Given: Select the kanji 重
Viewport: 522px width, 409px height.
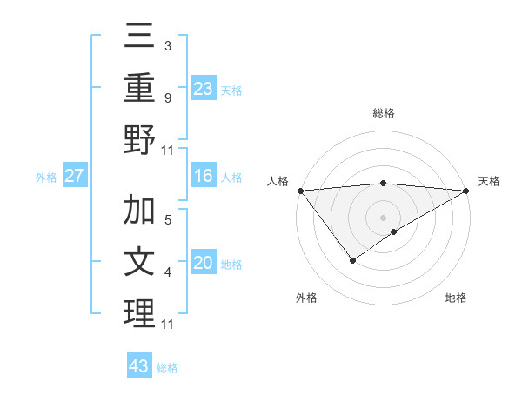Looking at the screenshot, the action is tap(140, 90).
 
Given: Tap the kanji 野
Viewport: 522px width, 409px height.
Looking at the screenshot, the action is tap(140, 140).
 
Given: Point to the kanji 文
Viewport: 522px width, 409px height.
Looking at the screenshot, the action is tap(140, 262).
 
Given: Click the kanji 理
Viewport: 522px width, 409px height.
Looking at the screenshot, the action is tap(140, 313).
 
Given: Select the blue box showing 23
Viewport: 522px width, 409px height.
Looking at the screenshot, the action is tap(204, 89).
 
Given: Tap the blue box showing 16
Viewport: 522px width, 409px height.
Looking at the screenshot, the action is tap(204, 177).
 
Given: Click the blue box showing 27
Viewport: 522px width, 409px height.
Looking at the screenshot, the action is tap(75, 177).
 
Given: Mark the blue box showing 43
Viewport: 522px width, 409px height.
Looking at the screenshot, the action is tap(138, 366).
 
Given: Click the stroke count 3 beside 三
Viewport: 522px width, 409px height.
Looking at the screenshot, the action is tap(167, 44).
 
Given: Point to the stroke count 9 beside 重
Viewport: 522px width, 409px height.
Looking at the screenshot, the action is tap(167, 98).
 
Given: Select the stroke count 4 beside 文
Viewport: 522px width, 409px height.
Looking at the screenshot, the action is tap(167, 272).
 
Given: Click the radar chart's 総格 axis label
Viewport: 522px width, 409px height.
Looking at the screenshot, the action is tap(383, 113).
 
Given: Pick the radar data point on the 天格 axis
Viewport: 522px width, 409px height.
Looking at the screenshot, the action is tap(466, 191).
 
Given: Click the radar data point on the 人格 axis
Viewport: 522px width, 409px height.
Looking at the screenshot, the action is tap(300, 191).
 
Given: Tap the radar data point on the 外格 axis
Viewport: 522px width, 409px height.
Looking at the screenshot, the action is tap(352, 259).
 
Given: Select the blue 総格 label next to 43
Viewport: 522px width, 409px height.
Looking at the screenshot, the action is tap(167, 368).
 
